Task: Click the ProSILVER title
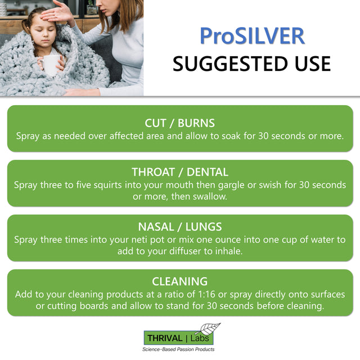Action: [x=252, y=35]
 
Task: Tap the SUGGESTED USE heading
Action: [x=252, y=64]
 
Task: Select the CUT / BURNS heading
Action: [x=180, y=123]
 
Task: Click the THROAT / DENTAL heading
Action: [x=180, y=172]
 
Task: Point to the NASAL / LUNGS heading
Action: [x=180, y=227]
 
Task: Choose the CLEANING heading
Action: [x=180, y=281]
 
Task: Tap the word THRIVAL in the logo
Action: [x=164, y=338]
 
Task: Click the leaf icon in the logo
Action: [x=210, y=330]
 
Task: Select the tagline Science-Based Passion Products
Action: [x=178, y=350]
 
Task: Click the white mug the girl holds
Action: [x=51, y=65]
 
